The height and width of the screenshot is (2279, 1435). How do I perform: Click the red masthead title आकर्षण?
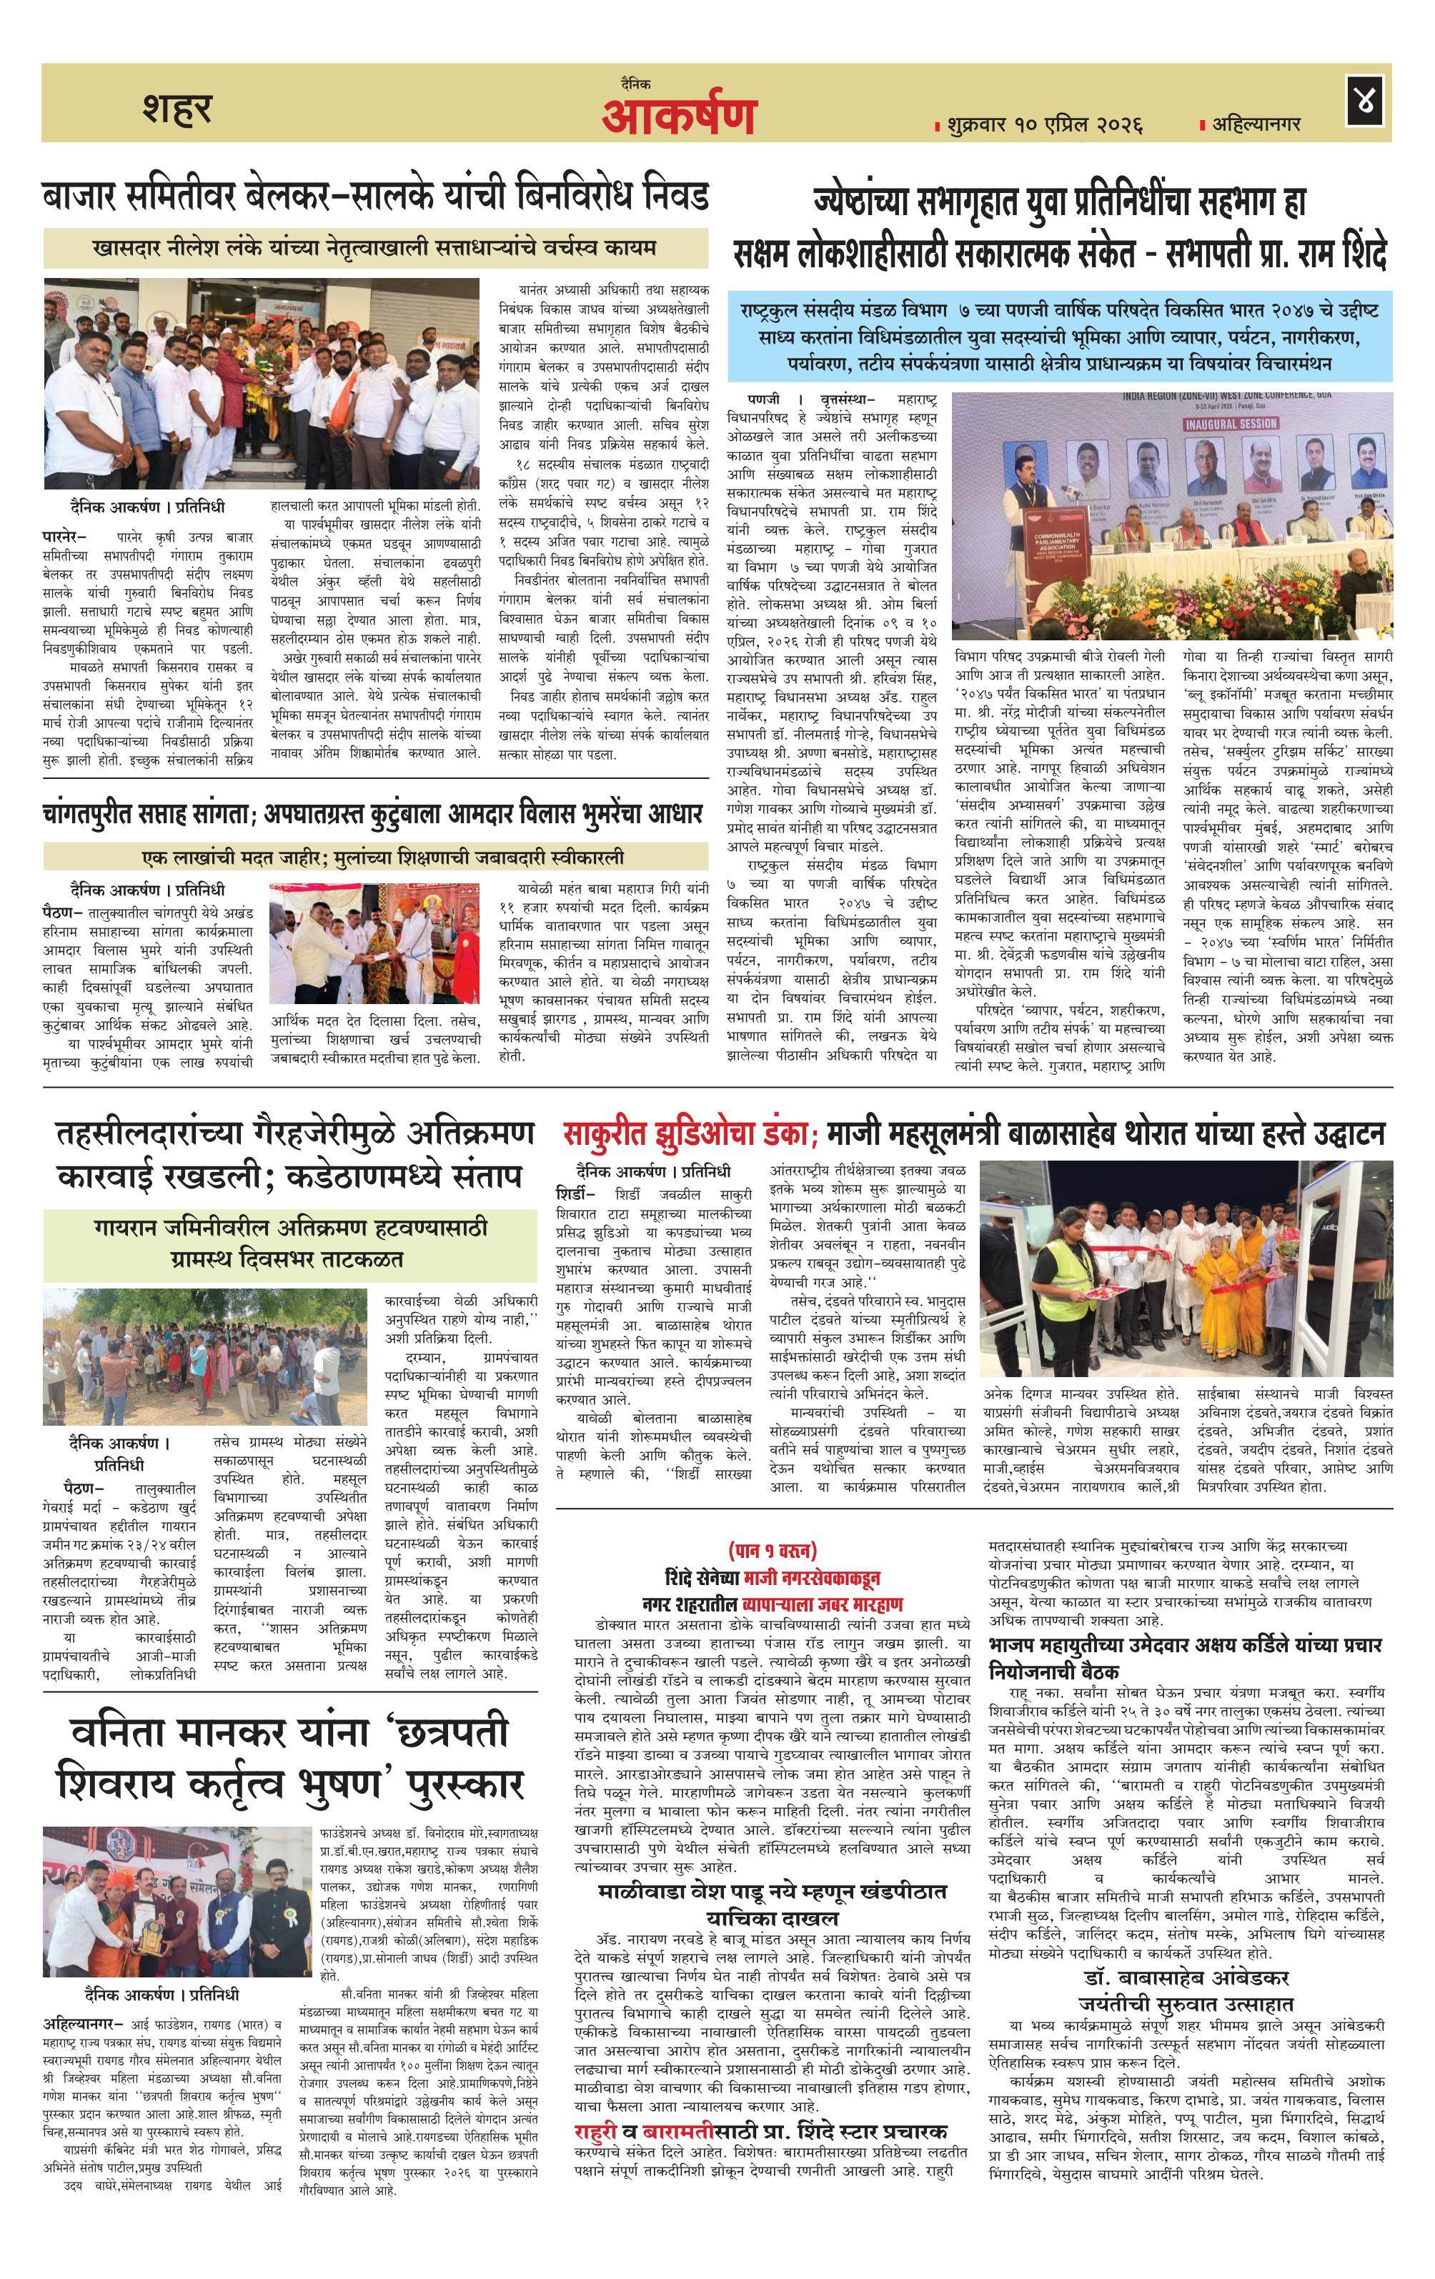(679, 116)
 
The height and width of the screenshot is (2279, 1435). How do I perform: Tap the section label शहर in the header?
(177, 107)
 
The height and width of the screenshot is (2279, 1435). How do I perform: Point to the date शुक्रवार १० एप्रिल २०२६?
(1042, 124)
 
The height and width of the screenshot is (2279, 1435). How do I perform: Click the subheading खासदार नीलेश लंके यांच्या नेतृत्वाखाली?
(375, 248)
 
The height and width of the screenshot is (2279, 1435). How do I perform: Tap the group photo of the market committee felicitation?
(262, 383)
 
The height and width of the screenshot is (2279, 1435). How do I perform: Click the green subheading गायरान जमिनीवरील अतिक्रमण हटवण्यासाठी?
(291, 1228)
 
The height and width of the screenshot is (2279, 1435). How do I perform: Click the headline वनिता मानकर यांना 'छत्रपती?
(291, 1732)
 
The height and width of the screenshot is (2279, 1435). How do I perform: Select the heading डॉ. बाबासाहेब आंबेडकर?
(1186, 1952)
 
